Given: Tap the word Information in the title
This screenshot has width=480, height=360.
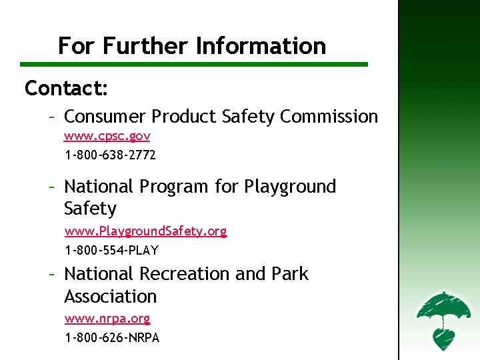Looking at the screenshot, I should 261,46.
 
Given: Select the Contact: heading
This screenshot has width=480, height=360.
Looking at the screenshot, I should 67,88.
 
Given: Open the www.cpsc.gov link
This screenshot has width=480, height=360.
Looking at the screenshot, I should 107,137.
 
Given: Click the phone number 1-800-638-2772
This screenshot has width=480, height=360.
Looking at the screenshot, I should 110,155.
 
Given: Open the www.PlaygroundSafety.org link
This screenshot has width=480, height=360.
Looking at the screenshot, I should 145,231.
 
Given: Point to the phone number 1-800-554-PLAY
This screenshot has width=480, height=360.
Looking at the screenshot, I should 111,251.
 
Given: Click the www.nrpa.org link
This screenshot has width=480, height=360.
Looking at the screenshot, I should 107,319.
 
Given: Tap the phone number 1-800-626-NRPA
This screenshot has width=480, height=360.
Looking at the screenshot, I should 112,337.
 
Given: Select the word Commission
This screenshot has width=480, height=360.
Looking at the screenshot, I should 329,117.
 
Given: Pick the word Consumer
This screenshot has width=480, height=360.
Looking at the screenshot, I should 105,117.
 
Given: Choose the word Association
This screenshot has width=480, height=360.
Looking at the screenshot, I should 110,296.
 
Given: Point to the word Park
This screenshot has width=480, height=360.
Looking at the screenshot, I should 290,274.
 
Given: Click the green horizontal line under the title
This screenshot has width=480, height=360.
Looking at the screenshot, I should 193,65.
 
